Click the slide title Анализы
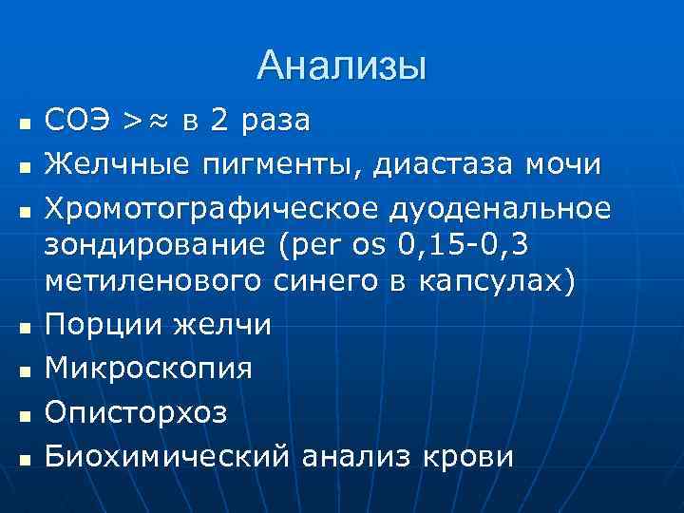[342, 66]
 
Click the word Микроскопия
[149, 366]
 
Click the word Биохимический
[167, 457]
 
